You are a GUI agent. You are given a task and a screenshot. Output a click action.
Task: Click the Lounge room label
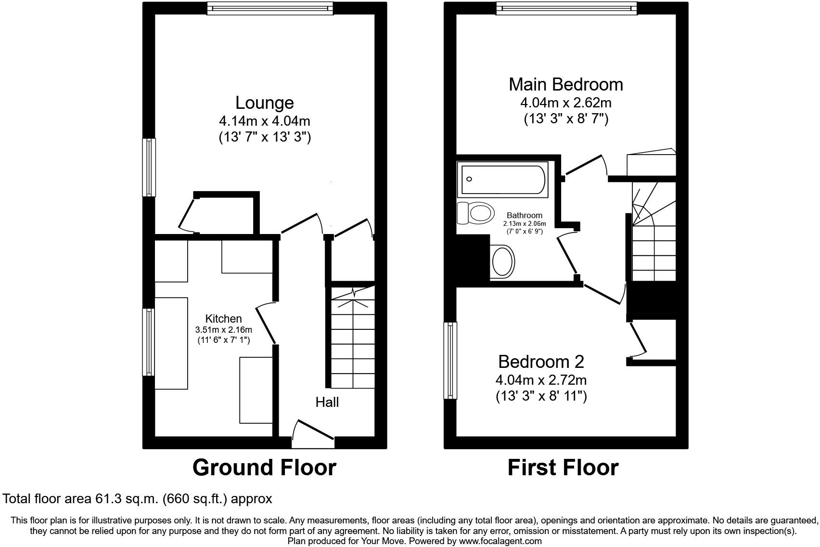pyautogui.click(x=264, y=103)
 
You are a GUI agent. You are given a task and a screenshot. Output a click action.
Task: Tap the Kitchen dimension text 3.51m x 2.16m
pyautogui.click(x=223, y=330)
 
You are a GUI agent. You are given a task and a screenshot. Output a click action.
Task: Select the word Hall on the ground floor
pyautogui.click(x=327, y=402)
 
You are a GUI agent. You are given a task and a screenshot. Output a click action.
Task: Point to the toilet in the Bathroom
pyautogui.click(x=477, y=212)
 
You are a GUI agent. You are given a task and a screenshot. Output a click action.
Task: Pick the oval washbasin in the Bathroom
pyautogui.click(x=503, y=261)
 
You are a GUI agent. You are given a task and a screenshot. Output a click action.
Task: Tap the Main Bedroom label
pyautogui.click(x=565, y=84)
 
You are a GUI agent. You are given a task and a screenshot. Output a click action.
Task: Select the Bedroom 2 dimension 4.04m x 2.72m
pyautogui.click(x=541, y=380)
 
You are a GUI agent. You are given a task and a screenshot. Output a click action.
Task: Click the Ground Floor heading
pyautogui.click(x=264, y=468)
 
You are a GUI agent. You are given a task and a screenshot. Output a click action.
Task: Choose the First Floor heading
pyautogui.click(x=563, y=468)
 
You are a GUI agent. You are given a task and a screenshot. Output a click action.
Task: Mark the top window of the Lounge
pyautogui.click(x=270, y=8)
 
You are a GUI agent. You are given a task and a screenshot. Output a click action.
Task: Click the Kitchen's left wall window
pyautogui.click(x=149, y=342)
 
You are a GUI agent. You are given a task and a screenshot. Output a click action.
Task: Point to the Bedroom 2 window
pyautogui.click(x=450, y=360)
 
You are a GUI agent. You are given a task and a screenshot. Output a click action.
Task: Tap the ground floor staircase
pyautogui.click(x=352, y=337)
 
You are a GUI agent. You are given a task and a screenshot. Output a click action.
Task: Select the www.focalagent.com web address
pyautogui.click(x=500, y=541)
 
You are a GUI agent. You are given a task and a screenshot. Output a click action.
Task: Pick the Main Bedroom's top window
pyautogui.click(x=566, y=8)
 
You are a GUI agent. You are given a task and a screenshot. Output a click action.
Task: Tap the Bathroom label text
pyautogui.click(x=524, y=215)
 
